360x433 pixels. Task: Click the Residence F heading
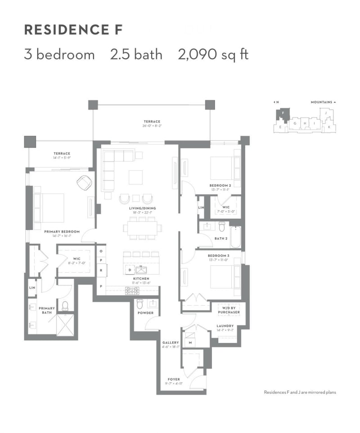click(x=73, y=30)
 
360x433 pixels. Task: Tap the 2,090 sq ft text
click(x=213, y=55)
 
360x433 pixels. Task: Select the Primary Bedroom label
click(x=62, y=232)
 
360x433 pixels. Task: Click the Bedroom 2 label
click(x=220, y=185)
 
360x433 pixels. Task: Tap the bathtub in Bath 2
click(x=236, y=237)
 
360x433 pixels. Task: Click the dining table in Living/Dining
click(x=143, y=227)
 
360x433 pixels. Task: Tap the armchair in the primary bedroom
click(x=84, y=183)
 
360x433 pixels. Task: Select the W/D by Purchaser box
click(x=229, y=310)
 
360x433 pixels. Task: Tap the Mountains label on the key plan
click(x=322, y=102)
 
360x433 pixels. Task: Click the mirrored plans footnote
click(x=300, y=392)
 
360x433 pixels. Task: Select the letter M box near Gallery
click(x=190, y=343)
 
